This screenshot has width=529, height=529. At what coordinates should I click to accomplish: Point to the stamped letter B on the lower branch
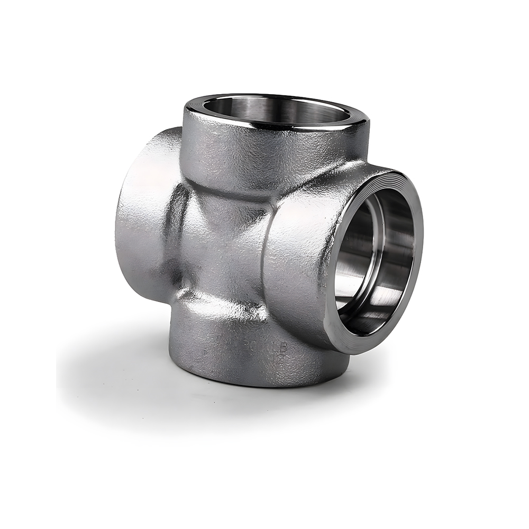[x=283, y=348]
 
